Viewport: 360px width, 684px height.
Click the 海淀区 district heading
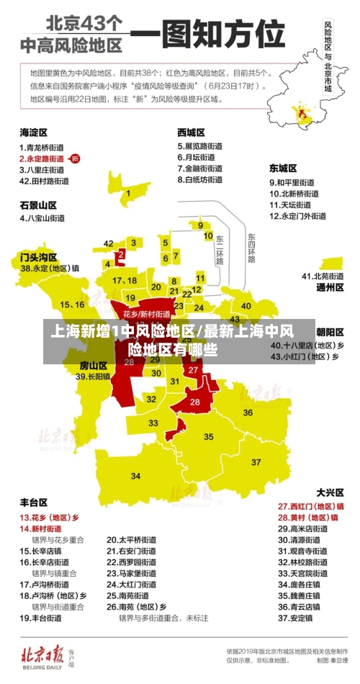[33, 132]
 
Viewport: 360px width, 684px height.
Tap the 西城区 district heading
[192, 132]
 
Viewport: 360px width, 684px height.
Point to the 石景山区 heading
[37, 204]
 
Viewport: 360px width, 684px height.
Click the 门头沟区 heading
[38, 256]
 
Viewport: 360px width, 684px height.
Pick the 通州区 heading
[330, 287]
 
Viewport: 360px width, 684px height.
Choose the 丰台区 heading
[33, 502]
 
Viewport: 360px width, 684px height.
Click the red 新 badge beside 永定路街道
[76, 158]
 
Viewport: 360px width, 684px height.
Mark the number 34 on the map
[135, 475]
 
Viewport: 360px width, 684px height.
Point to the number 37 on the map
[256, 462]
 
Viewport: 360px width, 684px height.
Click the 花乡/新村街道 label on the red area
[146, 314]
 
